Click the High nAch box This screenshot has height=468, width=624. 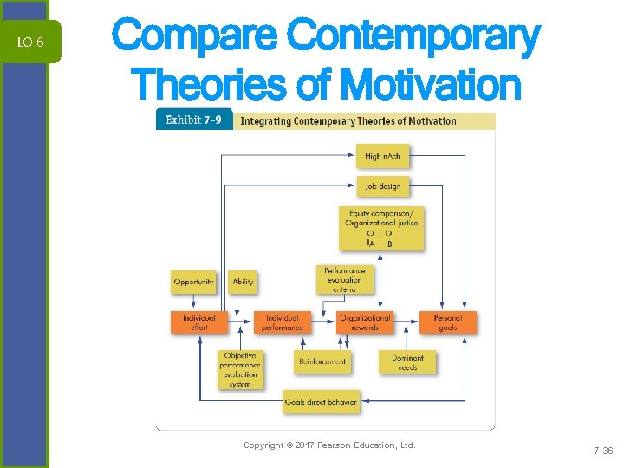pyautogui.click(x=381, y=156)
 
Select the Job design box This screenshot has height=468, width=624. pyautogui.click(x=381, y=185)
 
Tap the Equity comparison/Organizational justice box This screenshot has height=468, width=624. pyautogui.click(x=383, y=228)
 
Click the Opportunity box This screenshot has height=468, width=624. pyautogui.click(x=193, y=282)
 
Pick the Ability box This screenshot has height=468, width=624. pyautogui.click(x=243, y=282)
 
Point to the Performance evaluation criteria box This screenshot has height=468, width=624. pyautogui.click(x=344, y=279)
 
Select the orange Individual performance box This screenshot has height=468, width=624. pyautogui.click(x=283, y=322)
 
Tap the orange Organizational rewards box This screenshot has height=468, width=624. pyautogui.click(x=364, y=322)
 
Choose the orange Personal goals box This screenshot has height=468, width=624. pyautogui.click(x=447, y=322)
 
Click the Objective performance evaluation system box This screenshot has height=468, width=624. pyautogui.click(x=240, y=369)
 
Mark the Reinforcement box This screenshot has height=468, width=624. pyautogui.click(x=322, y=361)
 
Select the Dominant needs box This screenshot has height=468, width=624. pyautogui.click(x=407, y=362)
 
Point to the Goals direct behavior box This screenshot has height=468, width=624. pyautogui.click(x=320, y=402)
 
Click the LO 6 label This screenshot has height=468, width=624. pyautogui.click(x=31, y=42)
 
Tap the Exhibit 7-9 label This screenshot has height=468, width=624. pyautogui.click(x=194, y=120)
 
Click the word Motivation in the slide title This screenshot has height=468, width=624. pyautogui.click(x=431, y=85)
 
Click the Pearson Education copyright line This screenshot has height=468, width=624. pyautogui.click(x=329, y=445)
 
